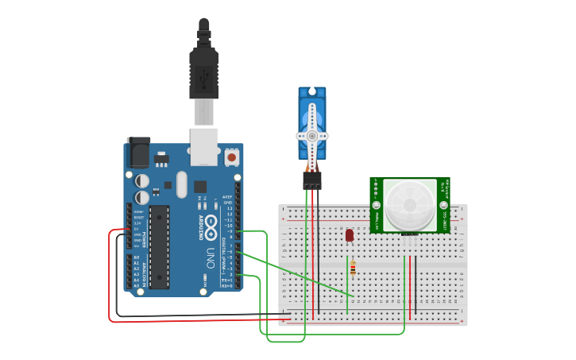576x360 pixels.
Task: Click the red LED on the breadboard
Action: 350,235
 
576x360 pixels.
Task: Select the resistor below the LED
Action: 353,268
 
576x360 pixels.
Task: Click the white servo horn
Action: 312,136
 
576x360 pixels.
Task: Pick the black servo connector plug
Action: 312,180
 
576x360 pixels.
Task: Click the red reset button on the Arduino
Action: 231,157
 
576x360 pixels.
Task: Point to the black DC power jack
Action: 137,150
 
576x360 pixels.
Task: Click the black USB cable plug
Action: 203,75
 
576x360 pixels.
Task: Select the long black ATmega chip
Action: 160,246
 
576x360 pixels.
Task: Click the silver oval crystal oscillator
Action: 182,185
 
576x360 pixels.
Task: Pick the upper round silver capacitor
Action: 141,181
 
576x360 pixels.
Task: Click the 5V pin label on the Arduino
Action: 138,229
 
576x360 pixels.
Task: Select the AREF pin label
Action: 226,196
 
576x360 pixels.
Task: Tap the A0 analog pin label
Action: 137,257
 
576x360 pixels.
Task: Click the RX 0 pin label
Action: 226,285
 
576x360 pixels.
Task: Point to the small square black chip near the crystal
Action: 199,187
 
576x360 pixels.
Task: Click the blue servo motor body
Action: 311,111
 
